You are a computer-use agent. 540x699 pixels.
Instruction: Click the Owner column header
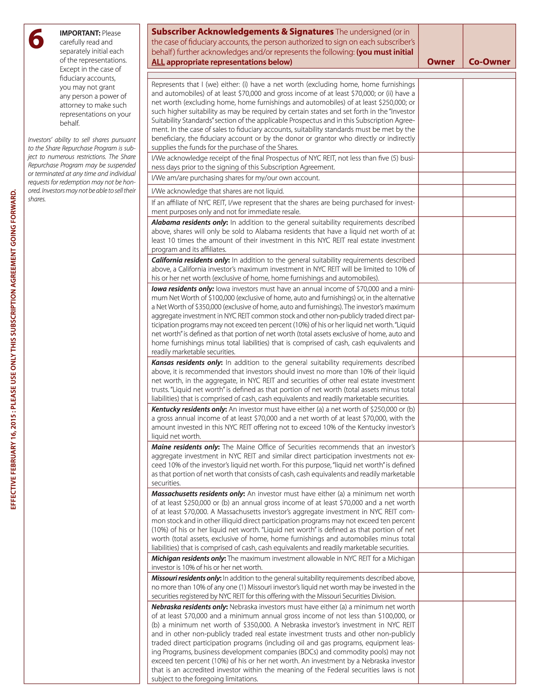tap(441, 62)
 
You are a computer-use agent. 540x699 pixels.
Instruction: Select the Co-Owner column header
tap(489, 62)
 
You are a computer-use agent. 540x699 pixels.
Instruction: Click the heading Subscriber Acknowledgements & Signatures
tap(242, 32)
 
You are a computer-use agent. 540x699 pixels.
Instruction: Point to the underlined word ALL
tap(158, 62)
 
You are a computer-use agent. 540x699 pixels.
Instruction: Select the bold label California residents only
tap(191, 260)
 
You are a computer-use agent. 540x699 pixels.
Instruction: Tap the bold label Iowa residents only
tap(183, 289)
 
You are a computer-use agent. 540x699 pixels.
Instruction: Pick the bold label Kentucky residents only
tap(189, 409)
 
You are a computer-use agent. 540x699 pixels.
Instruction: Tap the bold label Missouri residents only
tap(186, 578)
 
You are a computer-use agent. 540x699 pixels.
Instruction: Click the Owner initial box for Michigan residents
tap(441, 562)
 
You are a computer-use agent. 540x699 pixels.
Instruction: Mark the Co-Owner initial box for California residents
tap(489, 269)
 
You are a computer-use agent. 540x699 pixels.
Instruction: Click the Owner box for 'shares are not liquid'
tap(441, 191)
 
